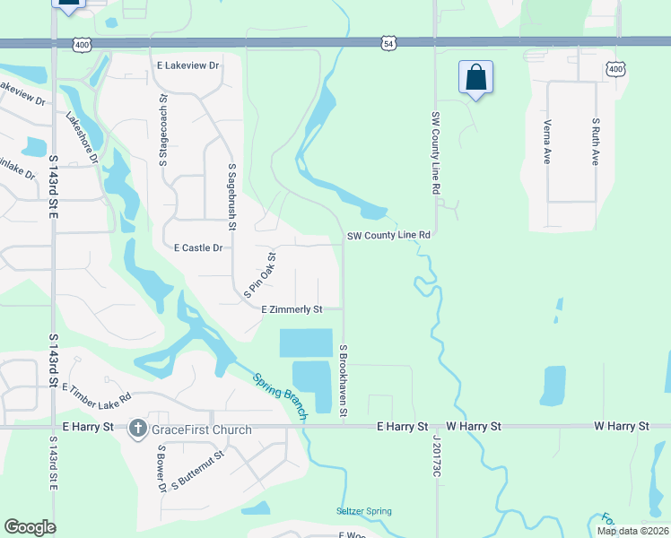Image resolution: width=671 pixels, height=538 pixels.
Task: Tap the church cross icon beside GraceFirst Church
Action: tap(138, 429)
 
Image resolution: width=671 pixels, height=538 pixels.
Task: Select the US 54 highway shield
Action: tap(388, 42)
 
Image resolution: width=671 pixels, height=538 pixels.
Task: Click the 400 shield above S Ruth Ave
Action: tap(614, 68)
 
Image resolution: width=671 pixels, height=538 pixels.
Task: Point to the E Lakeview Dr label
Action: tap(188, 65)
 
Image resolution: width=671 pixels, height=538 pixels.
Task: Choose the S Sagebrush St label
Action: tap(231, 196)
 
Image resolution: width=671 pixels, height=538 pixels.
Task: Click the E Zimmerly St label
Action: tap(292, 309)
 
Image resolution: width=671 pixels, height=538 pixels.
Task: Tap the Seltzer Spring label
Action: tap(364, 511)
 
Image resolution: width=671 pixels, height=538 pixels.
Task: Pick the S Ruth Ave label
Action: tap(595, 142)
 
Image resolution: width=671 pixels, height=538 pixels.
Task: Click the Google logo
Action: tap(30, 527)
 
